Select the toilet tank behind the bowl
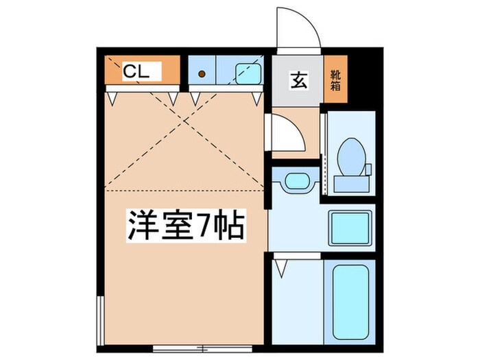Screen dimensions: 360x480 (350, 183)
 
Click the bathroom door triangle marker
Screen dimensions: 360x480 (280, 266)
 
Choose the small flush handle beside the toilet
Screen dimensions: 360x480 (368, 168)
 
